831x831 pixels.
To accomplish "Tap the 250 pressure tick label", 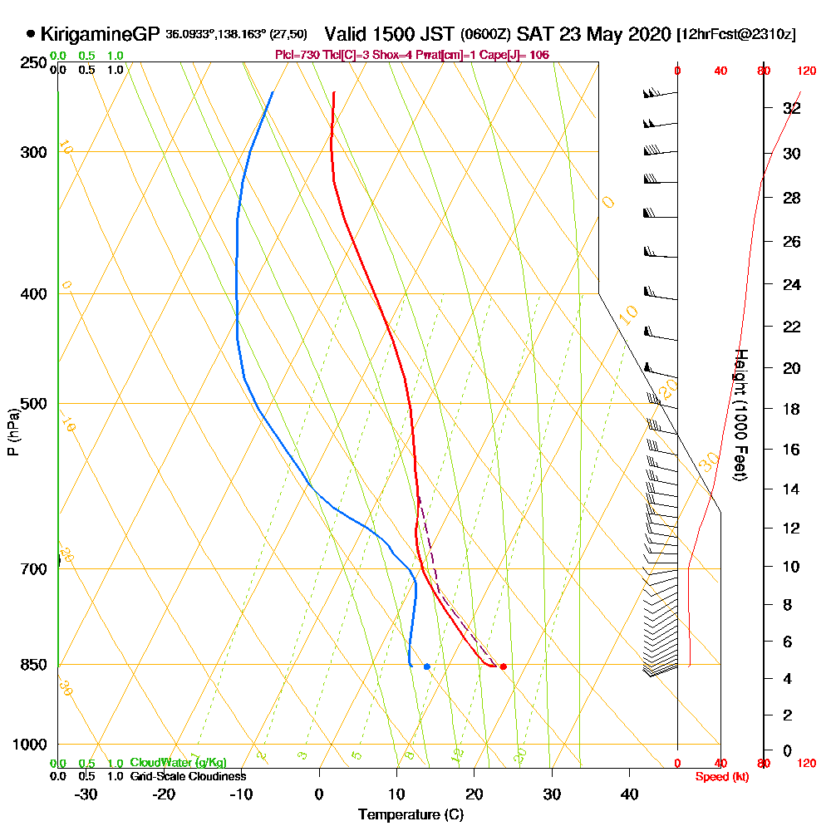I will click(31, 62).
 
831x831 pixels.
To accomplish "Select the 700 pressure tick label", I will click(31, 569).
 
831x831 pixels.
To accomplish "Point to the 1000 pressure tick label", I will click(27, 745).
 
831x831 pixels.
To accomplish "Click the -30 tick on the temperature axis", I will click(86, 794).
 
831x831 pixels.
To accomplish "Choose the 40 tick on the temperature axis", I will click(630, 794).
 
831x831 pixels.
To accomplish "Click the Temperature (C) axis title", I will click(411, 814).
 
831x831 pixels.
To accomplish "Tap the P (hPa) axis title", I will click(12, 431).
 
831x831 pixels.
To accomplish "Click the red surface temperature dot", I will click(503, 666).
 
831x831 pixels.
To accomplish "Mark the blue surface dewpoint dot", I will click(426, 666).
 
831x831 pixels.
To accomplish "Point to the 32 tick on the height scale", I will click(791, 108).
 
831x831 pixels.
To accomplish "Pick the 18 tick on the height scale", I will click(791, 409).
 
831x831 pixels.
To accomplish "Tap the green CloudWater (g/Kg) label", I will click(178, 763).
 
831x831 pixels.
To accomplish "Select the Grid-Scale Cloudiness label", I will click(187, 776).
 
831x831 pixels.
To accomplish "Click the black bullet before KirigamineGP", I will click(31, 34).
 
